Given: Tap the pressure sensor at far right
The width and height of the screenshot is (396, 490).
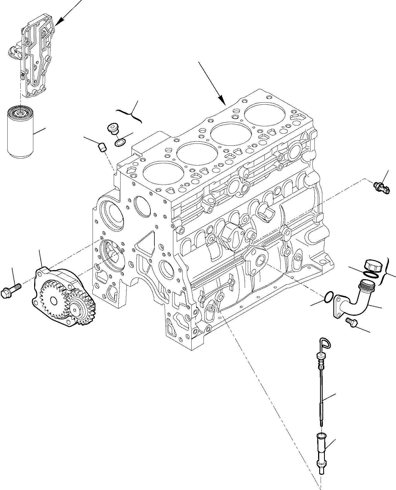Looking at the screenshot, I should click(x=381, y=188).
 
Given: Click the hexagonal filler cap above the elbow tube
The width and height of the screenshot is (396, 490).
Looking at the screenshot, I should click(x=373, y=265).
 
